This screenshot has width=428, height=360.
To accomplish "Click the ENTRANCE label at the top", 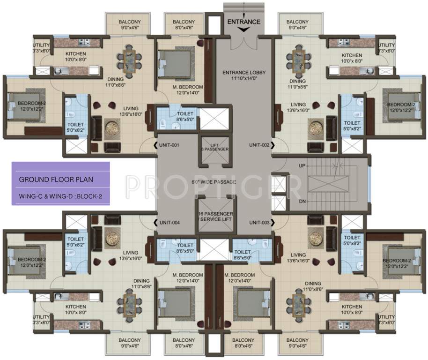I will tap(244, 22).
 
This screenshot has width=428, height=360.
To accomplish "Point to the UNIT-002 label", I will tap(259, 145).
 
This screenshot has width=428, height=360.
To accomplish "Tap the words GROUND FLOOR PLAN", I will tap(56, 180).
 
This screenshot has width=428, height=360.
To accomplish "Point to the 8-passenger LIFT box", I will tap(214, 146).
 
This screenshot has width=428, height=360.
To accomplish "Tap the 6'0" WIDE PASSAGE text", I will tap(214, 181).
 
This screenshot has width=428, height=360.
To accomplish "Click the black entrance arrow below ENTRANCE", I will tap(244, 30).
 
